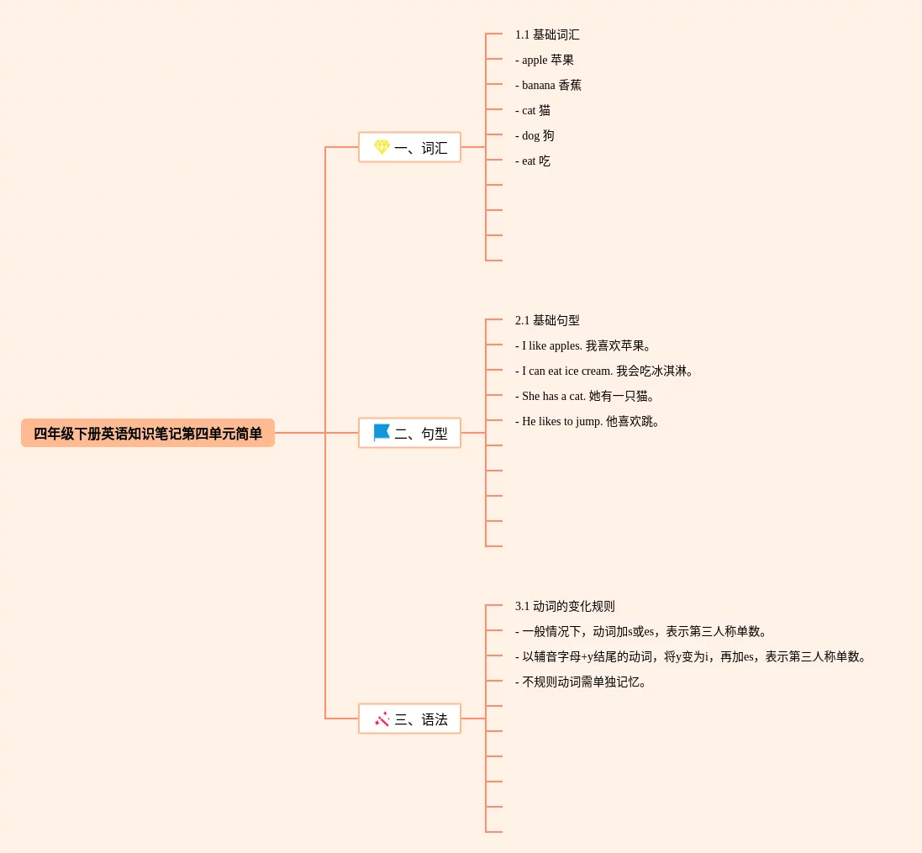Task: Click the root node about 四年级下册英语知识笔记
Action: point(148,434)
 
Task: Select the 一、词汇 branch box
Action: point(409,148)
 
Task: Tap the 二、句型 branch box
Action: point(409,434)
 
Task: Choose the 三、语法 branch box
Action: point(409,719)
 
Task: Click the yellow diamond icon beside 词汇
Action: point(382,147)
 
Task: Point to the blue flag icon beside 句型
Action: point(382,433)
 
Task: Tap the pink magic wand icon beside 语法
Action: point(382,719)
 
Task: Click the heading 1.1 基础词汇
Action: point(547,35)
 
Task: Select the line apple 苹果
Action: point(545,61)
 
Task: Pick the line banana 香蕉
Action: point(548,86)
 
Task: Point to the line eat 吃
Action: point(533,161)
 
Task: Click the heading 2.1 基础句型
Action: point(547,321)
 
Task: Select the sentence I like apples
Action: point(583,346)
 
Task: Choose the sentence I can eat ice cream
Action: point(604,371)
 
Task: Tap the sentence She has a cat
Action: point(585,397)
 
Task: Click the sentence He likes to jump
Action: point(587,422)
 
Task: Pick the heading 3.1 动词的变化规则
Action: point(565,607)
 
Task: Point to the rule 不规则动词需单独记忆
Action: point(582,682)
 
